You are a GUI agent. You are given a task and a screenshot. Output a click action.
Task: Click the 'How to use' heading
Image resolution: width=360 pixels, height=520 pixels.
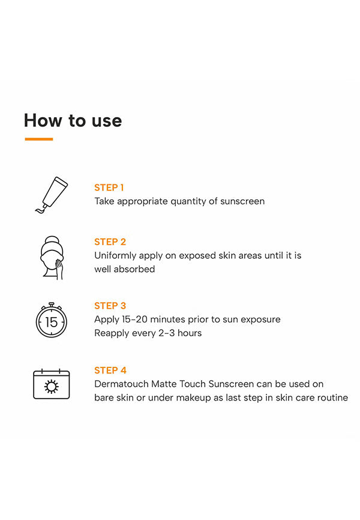73,120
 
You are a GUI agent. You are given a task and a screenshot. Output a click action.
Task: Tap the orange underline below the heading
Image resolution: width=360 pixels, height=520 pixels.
39,139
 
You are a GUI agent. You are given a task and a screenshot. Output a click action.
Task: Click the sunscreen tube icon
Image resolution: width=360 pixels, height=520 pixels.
52,195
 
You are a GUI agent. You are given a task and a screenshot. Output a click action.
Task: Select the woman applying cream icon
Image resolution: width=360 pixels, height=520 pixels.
52,258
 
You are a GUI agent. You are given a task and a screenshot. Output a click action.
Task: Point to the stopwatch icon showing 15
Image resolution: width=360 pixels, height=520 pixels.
52,321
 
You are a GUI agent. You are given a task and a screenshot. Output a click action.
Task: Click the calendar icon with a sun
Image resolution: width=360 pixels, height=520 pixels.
52,384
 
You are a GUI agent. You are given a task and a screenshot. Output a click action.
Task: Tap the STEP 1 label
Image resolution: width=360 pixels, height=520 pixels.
109,188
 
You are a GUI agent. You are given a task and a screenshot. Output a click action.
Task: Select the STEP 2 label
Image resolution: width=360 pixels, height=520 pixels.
110,242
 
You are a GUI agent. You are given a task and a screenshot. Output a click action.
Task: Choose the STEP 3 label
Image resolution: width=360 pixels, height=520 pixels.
110,306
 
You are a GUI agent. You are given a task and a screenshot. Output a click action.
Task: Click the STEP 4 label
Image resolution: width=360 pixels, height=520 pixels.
110,370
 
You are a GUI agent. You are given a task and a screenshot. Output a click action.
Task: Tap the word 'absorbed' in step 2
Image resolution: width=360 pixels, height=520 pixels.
134,269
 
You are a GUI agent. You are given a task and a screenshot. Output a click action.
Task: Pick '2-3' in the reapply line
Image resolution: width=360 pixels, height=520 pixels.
166,333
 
